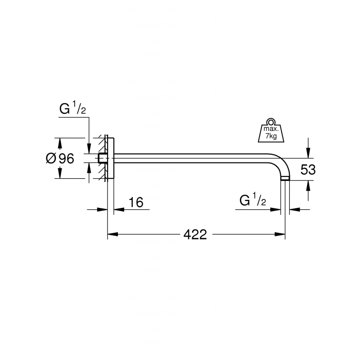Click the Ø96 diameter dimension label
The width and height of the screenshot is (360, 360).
tap(60, 158)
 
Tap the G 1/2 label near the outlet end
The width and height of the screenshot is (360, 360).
tap(253, 201)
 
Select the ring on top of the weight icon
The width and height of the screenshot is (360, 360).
tap(271, 121)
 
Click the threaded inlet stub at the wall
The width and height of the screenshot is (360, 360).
tap(103, 158)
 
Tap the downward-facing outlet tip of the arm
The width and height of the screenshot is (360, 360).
tap(285, 179)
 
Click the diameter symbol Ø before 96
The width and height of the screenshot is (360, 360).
tap(51, 158)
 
